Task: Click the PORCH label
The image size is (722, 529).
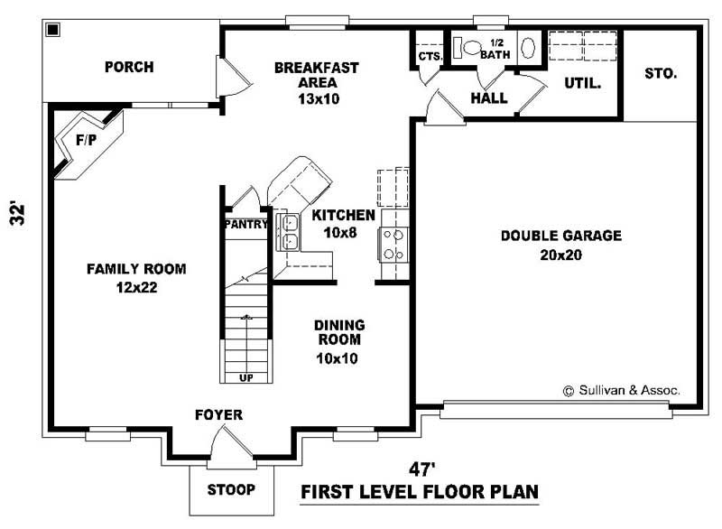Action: pos(128,67)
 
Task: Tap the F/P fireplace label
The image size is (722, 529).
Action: pos(87,140)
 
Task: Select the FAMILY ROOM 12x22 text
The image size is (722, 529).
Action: pos(136,277)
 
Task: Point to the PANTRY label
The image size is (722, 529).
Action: pos(245,224)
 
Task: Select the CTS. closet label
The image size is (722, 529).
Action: pos(430,57)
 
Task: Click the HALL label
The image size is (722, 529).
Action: pos(489,97)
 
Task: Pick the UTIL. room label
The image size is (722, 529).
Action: pos(583,82)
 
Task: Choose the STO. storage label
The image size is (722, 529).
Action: pos(661,73)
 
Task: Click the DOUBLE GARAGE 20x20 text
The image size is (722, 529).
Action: pos(561,245)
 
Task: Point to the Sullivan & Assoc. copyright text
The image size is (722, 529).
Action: pos(622,391)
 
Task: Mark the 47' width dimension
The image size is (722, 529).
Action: pos(420,469)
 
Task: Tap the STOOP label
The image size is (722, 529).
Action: pos(230,490)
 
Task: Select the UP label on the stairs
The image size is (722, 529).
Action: pos(245,377)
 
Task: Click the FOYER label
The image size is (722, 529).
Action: pos(218,414)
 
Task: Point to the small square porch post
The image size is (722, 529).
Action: pos(52,30)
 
